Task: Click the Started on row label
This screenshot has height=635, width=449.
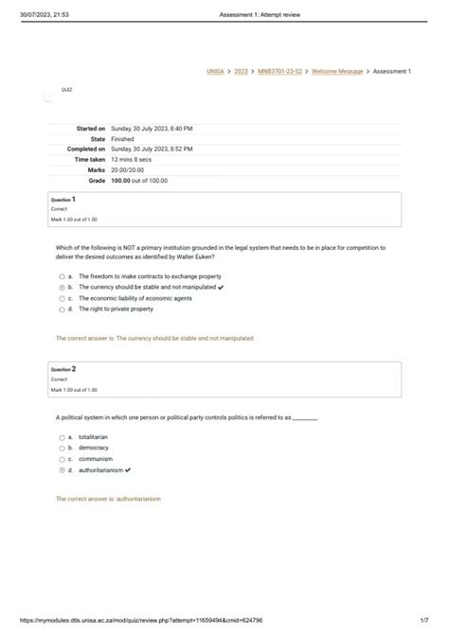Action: pyautogui.click(x=86, y=128)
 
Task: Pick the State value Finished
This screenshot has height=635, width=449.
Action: pyautogui.click(x=123, y=139)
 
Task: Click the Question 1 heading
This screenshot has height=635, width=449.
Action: pyautogui.click(x=63, y=201)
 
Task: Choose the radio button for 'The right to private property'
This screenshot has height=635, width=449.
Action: pyautogui.click(x=62, y=309)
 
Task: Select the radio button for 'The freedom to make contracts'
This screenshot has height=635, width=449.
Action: pyautogui.click(x=62, y=276)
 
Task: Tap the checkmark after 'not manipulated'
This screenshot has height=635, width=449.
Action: pyautogui.click(x=221, y=287)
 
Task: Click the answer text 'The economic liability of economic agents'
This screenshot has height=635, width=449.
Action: pyautogui.click(x=135, y=298)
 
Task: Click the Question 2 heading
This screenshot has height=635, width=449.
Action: pyautogui.click(x=63, y=369)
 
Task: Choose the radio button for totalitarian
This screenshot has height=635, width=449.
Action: pyautogui.click(x=62, y=437)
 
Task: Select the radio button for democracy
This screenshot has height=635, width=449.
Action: pyautogui.click(x=62, y=448)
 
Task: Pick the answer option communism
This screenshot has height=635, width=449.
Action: pyautogui.click(x=96, y=459)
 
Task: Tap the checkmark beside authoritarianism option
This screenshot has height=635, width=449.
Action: pyautogui.click(x=128, y=469)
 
